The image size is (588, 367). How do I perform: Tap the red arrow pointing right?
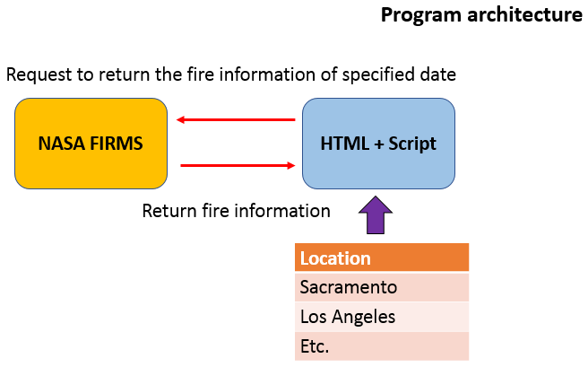(x=238, y=165)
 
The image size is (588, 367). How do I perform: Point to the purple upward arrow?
(x=376, y=218)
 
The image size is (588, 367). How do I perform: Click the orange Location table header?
(x=381, y=258)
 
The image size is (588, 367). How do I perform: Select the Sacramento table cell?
(x=381, y=287)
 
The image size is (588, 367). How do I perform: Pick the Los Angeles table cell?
(x=381, y=317)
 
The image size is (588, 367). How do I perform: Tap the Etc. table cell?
(x=381, y=345)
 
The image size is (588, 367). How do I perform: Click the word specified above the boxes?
(x=359, y=74)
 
